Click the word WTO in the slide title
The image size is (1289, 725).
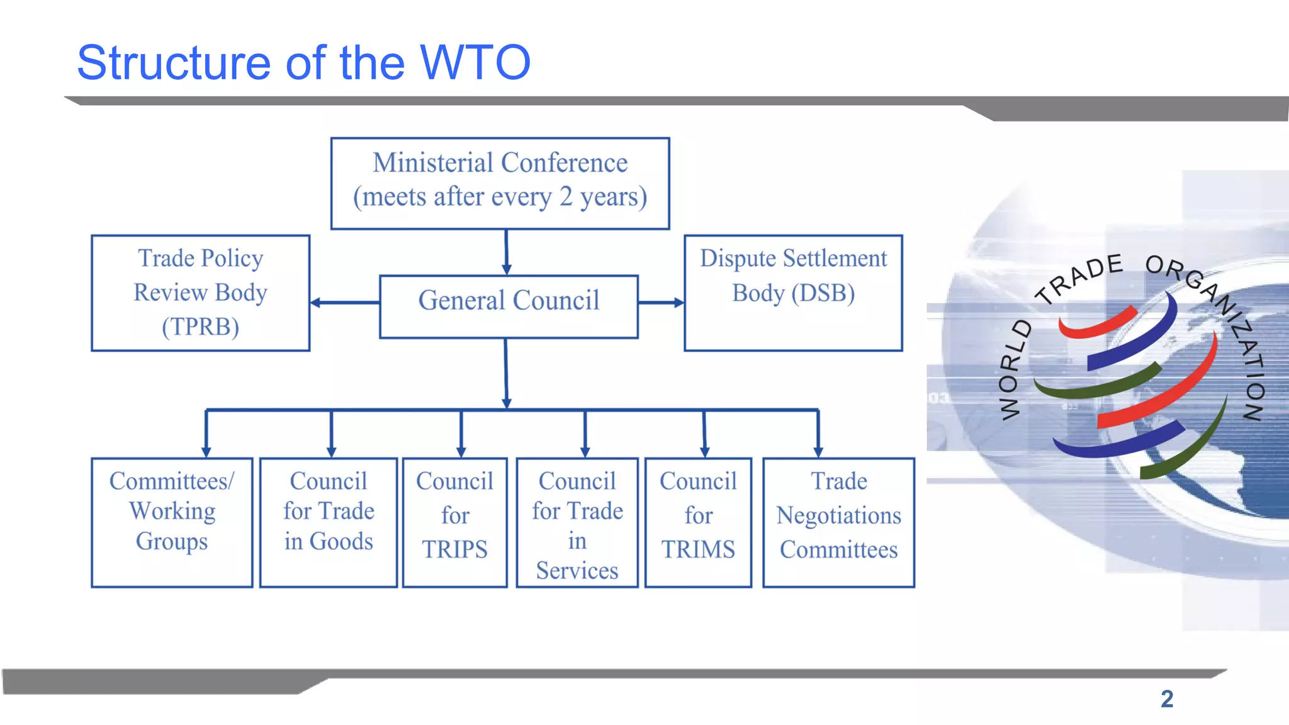pyautogui.click(x=475, y=63)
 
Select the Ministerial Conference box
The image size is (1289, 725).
pyautogui.click(x=500, y=183)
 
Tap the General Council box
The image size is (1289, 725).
pyautogui.click(x=509, y=306)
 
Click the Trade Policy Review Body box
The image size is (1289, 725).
pyautogui.click(x=200, y=293)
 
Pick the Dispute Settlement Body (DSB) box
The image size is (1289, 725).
pyautogui.click(x=793, y=293)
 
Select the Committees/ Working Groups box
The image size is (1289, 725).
pyautogui.click(x=172, y=522)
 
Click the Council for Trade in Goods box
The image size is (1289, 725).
pyautogui.click(x=329, y=522)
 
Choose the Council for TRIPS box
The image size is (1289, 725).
pyautogui.click(x=454, y=522)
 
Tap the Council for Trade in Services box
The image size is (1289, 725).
pyautogui.click(x=577, y=522)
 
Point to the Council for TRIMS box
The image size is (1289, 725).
pyautogui.click(x=698, y=522)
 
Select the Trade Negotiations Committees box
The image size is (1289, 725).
pyautogui.click(x=838, y=522)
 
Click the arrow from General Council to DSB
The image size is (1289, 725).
pyautogui.click(x=661, y=303)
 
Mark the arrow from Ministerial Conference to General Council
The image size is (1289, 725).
pyautogui.click(x=506, y=252)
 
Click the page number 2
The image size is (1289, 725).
pyautogui.click(x=1167, y=699)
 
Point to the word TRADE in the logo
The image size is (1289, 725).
pyautogui.click(x=1080, y=278)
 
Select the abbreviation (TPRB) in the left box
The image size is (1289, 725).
pyautogui.click(x=200, y=327)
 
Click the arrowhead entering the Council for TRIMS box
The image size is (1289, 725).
pyautogui.click(x=704, y=451)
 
